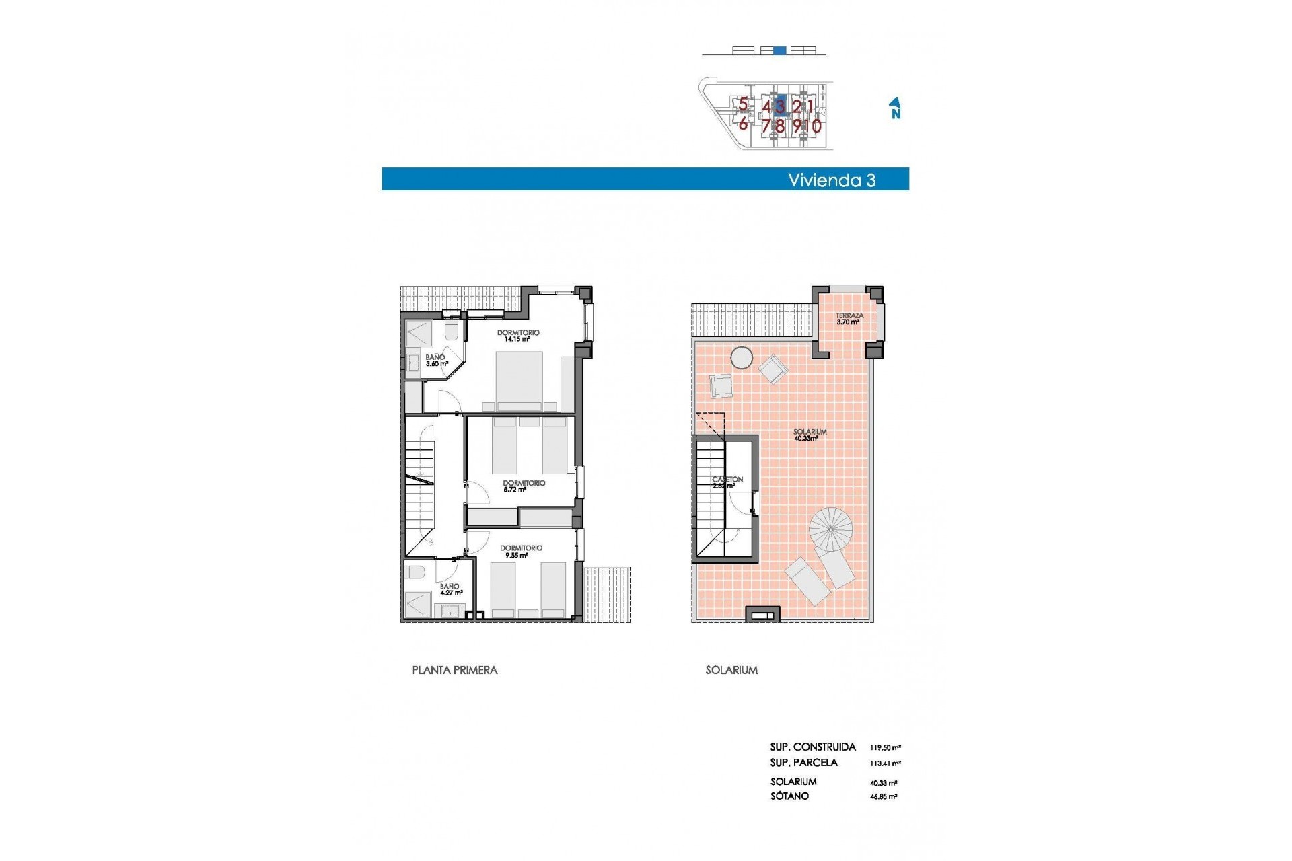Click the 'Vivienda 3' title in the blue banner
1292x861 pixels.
pyautogui.click(x=832, y=180)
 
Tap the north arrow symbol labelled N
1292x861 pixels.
pyautogui.click(x=895, y=108)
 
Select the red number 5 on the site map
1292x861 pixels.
pyautogui.click(x=743, y=104)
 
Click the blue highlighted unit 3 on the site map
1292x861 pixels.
pyautogui.click(x=780, y=106)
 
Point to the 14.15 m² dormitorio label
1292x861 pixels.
pyautogui.click(x=517, y=336)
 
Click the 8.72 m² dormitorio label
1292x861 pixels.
pyautogui.click(x=524, y=486)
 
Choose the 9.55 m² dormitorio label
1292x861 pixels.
pyautogui.click(x=521, y=552)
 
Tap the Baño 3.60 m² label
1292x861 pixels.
pyautogui.click(x=436, y=361)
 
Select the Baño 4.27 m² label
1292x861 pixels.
pyautogui.click(x=450, y=589)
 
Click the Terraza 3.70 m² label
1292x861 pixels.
pyautogui.click(x=849, y=319)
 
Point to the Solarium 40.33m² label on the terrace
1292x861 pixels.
pyautogui.click(x=809, y=435)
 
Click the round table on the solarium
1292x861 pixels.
pyautogui.click(x=742, y=358)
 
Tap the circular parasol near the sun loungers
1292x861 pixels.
pyautogui.click(x=830, y=529)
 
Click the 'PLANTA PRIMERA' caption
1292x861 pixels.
pyautogui.click(x=454, y=670)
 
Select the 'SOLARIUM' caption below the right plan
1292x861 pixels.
pyautogui.click(x=731, y=670)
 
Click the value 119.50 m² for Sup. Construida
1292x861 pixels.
pyautogui.click(x=885, y=747)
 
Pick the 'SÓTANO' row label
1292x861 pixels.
pyautogui.click(x=789, y=796)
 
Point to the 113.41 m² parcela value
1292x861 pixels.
pyautogui.click(x=885, y=763)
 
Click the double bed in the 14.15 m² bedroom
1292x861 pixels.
pyautogui.click(x=519, y=381)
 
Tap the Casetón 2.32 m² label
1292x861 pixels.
pyautogui.click(x=727, y=482)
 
